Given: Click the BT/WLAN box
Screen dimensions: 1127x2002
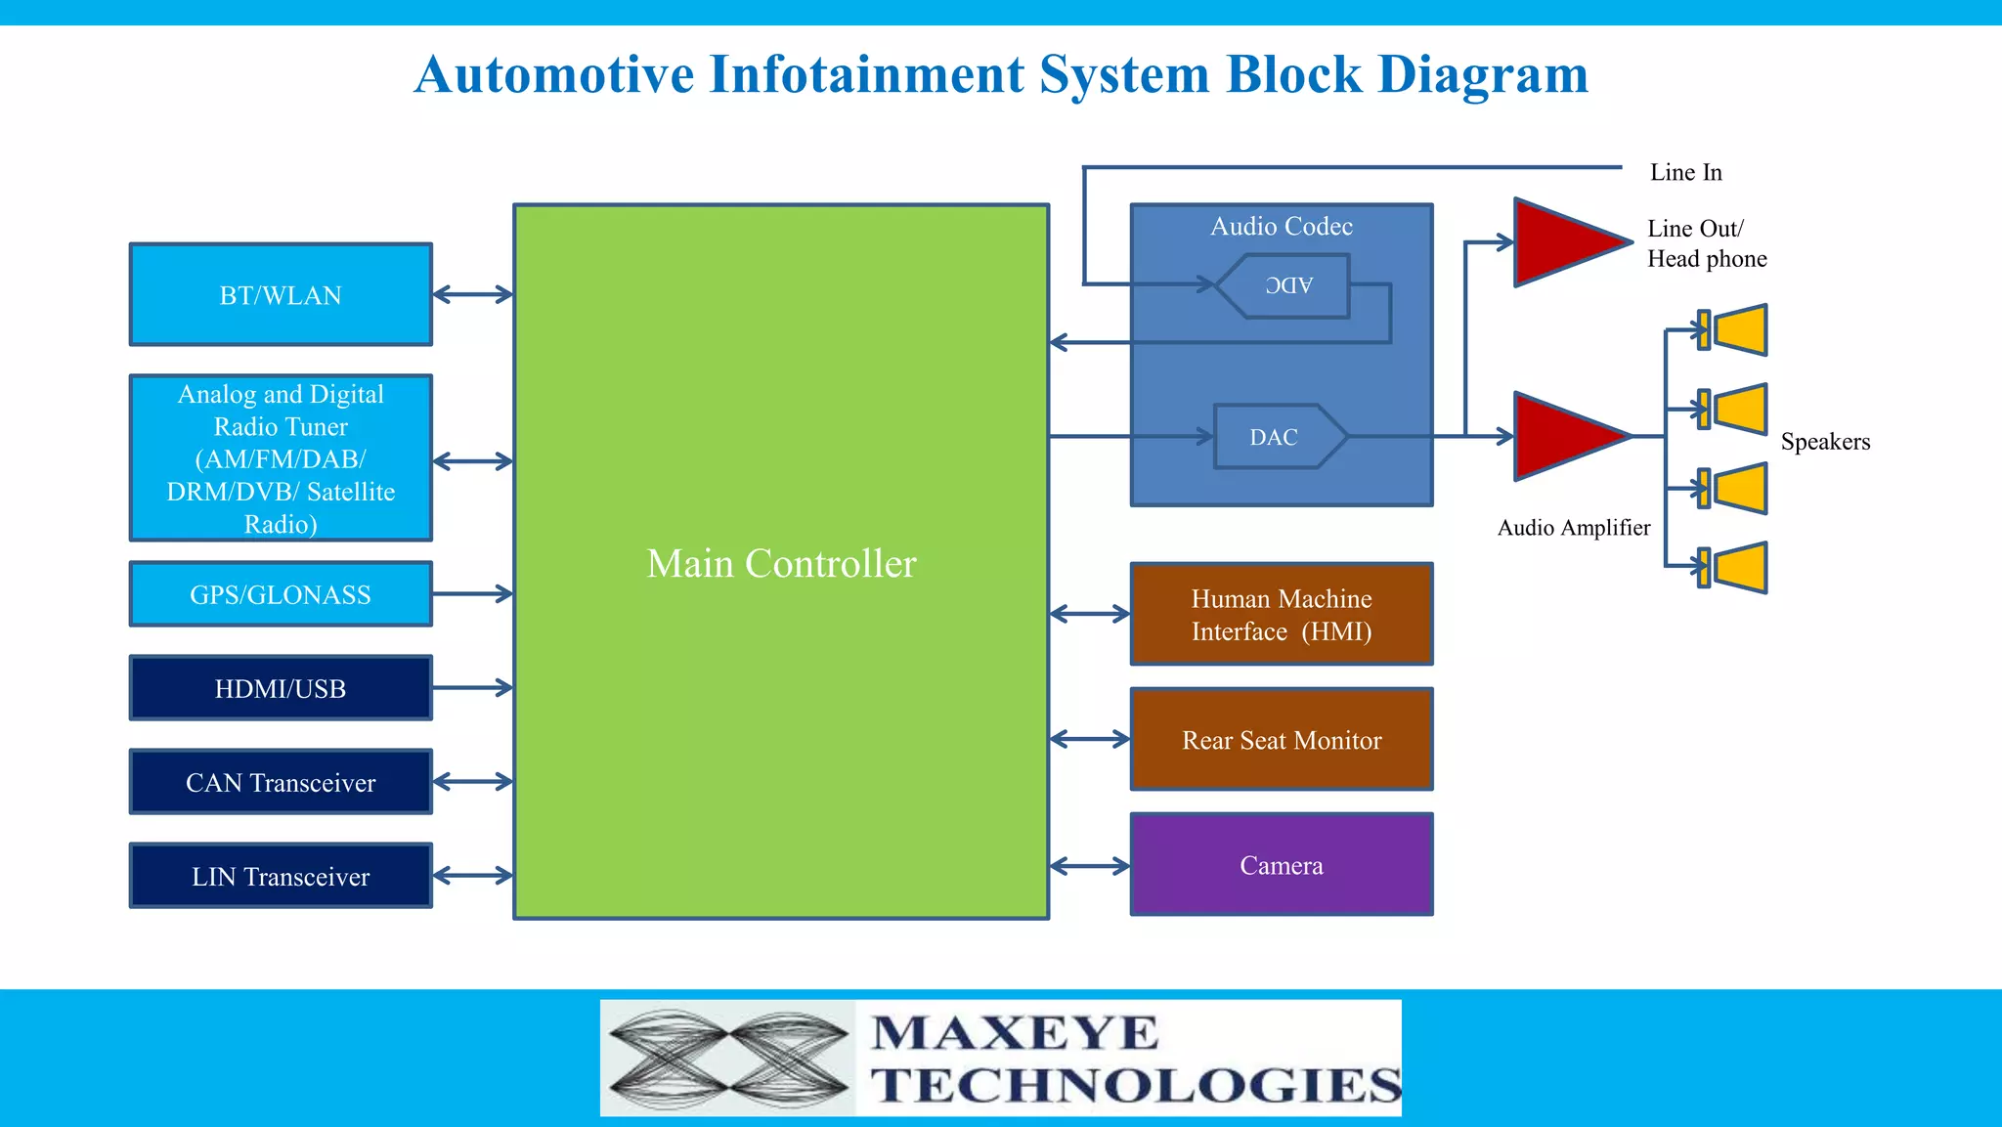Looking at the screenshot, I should click(x=281, y=294).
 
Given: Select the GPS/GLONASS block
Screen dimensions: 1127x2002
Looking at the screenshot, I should click(x=281, y=594).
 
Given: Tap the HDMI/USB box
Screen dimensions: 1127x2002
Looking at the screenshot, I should click(x=281, y=688).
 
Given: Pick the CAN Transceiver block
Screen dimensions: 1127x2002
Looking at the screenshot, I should click(x=281, y=782).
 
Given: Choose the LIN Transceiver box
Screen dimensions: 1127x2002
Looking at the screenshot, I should click(x=281, y=876).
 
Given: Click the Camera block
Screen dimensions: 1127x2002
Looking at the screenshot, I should click(x=1282, y=864).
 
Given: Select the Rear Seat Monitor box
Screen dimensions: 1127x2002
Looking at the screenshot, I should click(x=1282, y=740).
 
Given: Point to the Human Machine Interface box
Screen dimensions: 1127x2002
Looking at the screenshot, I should click(x=1282, y=615).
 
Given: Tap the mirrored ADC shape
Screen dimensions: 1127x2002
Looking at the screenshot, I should click(x=1285, y=285).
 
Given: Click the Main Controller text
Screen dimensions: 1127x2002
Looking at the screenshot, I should click(x=781, y=563).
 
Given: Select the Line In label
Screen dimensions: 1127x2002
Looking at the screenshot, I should click(x=1685, y=172).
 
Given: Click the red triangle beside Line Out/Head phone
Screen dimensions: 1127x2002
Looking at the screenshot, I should click(x=1564, y=241).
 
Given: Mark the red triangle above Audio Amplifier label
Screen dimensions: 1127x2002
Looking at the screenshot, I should click(x=1564, y=436).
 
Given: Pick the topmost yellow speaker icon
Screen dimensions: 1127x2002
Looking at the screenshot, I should click(x=1734, y=329).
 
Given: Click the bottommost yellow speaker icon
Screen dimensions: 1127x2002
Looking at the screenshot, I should click(x=1734, y=568).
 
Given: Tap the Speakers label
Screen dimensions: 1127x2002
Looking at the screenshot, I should click(x=1825, y=441).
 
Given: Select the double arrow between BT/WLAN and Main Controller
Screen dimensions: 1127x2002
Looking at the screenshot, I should click(x=473, y=294).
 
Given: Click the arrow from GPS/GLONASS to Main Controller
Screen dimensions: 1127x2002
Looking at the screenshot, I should click(x=473, y=593).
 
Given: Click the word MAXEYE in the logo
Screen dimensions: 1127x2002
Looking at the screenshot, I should click(x=1015, y=1033).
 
